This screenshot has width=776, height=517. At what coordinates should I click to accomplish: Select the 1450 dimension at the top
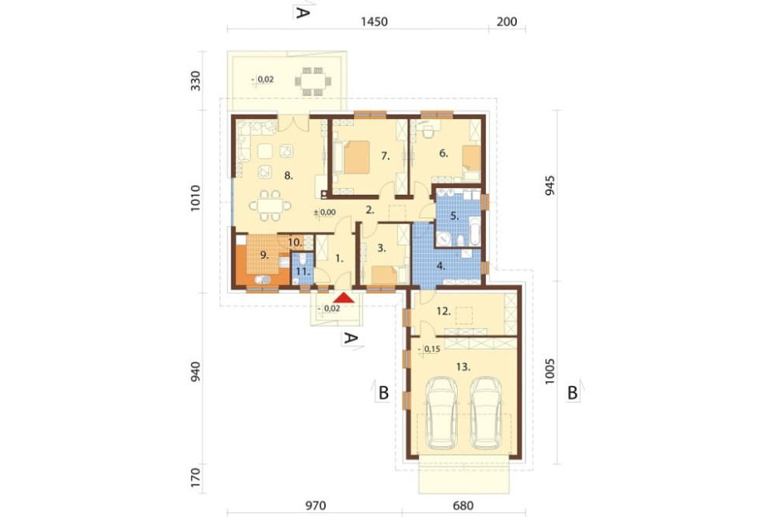374,22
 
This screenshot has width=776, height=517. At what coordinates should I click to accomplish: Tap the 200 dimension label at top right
507,22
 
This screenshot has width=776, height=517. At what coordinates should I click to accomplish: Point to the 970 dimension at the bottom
315,505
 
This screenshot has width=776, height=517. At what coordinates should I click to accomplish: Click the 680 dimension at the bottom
462,505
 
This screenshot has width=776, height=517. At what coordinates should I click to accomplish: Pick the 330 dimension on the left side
196,81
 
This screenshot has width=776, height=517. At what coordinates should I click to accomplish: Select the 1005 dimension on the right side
550,372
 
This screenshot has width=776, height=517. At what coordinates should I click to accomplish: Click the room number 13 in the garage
463,367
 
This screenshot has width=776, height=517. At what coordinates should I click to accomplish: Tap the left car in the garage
441,414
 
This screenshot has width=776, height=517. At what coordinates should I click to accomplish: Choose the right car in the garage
486,414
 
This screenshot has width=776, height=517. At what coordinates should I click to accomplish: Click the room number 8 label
289,175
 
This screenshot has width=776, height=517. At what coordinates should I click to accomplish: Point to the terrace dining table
314,81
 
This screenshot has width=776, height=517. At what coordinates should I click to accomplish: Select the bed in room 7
352,157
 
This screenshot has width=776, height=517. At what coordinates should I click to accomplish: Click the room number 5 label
455,216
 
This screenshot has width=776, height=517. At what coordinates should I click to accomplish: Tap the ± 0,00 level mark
324,213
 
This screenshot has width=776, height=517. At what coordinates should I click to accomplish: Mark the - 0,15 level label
429,349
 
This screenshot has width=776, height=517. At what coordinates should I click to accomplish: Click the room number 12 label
443,311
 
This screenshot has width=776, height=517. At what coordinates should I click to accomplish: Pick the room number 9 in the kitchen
265,255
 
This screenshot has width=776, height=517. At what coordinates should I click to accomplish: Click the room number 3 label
382,248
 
